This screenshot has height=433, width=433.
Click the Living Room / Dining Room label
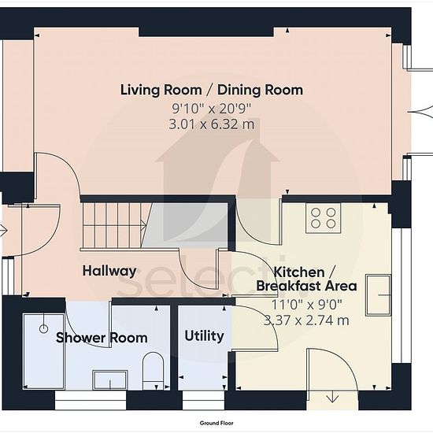coord(212,91)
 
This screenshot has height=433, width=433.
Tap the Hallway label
coord(109,271)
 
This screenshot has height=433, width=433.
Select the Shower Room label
coord(102,338)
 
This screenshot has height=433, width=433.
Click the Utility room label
coord(204,336)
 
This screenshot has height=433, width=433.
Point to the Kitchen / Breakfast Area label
coord(306,279)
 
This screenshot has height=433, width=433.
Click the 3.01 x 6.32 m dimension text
coord(211,124)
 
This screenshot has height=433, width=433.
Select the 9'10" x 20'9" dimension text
coord(212,109)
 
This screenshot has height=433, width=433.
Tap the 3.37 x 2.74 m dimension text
coord(306,320)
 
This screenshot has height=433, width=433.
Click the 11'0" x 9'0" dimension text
coord(306,305)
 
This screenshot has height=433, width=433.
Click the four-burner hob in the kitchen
coord(323,218)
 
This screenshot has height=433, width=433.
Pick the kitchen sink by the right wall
coord(379,295)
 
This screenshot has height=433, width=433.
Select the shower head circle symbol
coord(43,328)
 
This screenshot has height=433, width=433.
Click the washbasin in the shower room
coord(110,380)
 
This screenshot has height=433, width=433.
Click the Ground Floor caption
coord(216,423)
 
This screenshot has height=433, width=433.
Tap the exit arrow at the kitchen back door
coord(332,397)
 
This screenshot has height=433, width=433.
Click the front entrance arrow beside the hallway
coord(3,231)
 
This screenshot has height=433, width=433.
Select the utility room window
coord(203,400)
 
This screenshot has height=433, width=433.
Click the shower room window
coord(91,400)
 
